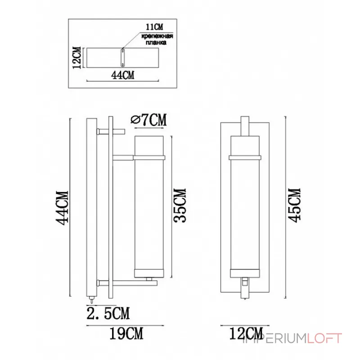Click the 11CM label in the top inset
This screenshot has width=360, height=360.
click(154, 27)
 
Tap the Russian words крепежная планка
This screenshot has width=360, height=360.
click(157, 39)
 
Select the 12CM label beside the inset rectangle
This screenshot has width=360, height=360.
click(77, 58)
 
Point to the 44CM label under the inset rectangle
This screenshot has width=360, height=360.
click(122, 75)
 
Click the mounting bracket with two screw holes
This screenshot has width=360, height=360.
click(122, 58)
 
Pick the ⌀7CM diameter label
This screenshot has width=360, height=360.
click(148, 120)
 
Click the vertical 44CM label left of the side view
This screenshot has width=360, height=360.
click(62, 208)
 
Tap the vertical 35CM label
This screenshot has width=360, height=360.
click(179, 206)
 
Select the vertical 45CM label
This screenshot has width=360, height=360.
click(294, 205)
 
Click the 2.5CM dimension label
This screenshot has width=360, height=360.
click(108, 313)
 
